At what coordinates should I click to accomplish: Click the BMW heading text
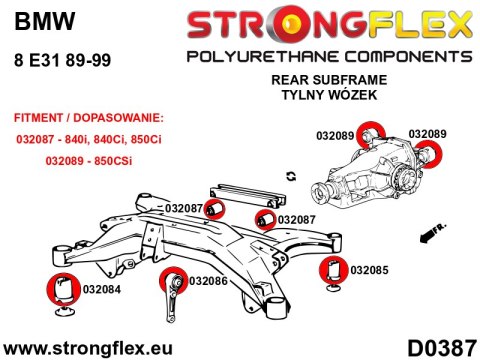pyautogui.click(x=34, y=19)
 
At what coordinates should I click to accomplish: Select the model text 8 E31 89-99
pyautogui.click(x=60, y=60)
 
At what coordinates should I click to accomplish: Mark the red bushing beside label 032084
pyautogui.click(x=62, y=287)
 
